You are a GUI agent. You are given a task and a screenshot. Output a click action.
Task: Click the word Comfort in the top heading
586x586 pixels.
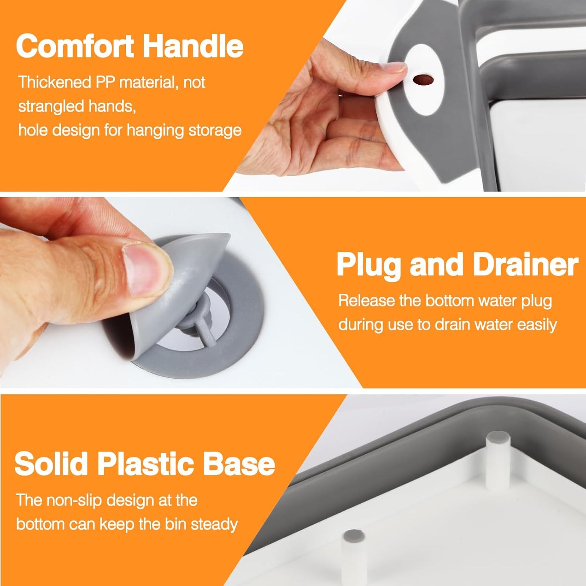(75, 46)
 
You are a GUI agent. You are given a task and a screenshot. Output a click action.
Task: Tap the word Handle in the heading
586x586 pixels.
(193, 46)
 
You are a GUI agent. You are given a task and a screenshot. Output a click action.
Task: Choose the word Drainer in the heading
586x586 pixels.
(526, 264)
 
